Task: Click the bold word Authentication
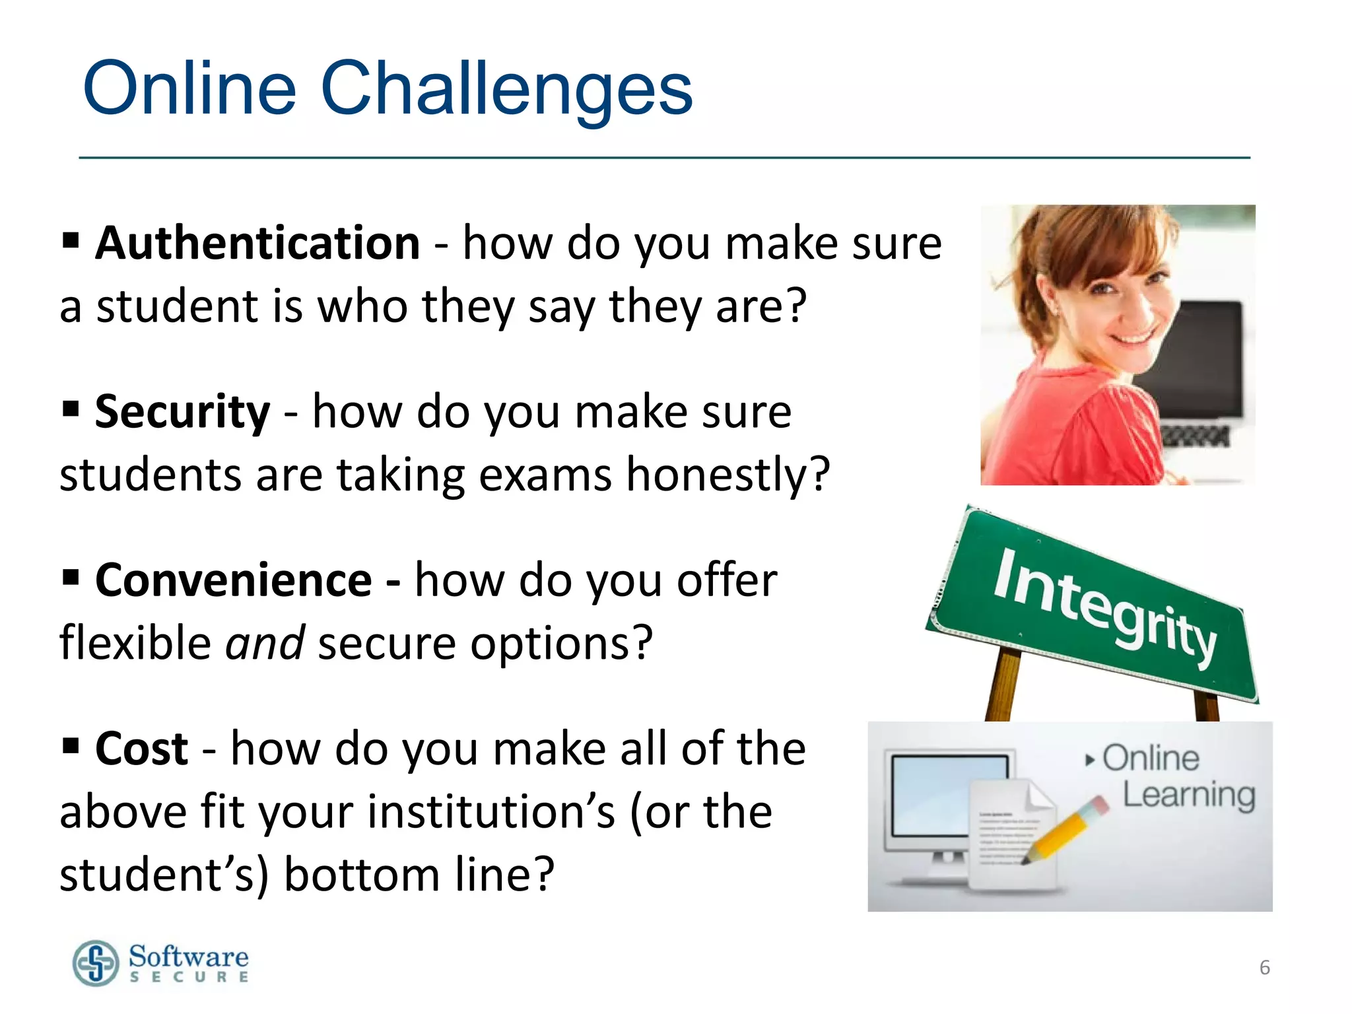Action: (257, 243)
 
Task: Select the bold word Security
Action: (182, 411)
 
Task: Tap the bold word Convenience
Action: (234, 580)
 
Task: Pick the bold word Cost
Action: (142, 749)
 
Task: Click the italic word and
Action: (265, 643)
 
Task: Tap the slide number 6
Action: (1264, 968)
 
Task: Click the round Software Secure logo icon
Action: (96, 963)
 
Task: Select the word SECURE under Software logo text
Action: (189, 977)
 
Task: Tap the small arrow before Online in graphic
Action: (1089, 760)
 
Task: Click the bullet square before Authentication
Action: (71, 240)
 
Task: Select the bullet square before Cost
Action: (71, 746)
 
